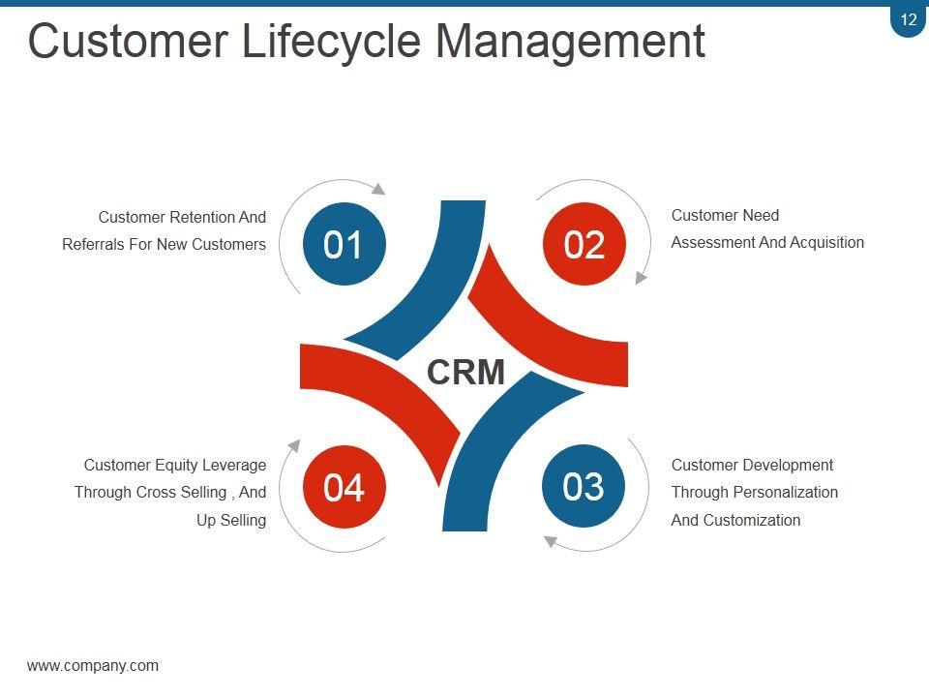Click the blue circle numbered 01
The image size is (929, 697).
point(344,244)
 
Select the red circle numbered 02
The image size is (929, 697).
point(584,244)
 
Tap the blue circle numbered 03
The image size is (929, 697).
point(584,486)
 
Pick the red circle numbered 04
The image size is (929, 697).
point(344,487)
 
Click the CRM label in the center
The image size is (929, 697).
point(465,372)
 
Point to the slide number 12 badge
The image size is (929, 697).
point(908,19)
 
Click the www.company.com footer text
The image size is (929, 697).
point(93,665)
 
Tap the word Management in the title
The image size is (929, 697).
point(570,42)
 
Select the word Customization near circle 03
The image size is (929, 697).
point(752,520)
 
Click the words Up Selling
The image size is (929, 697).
point(231,520)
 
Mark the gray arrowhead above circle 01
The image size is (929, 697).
point(378,189)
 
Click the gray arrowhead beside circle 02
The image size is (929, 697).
point(641,277)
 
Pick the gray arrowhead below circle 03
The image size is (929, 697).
point(550,541)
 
